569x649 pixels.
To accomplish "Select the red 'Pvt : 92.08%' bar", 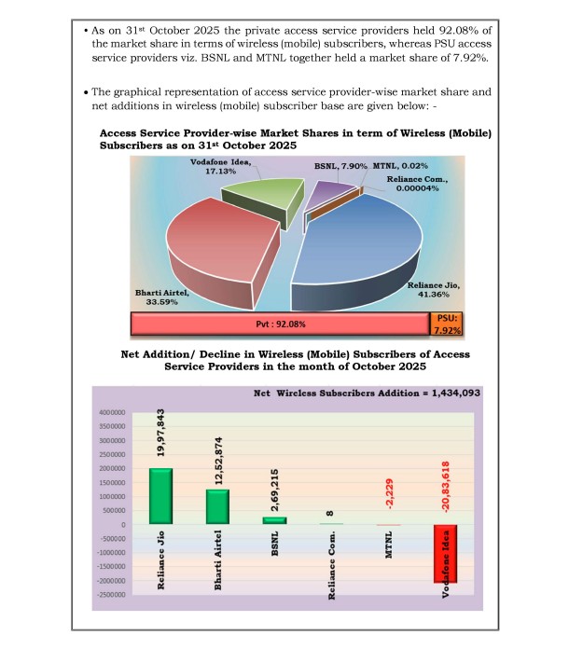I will pyautogui.click(x=280, y=324).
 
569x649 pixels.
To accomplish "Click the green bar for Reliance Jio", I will pyautogui.click(x=161, y=496).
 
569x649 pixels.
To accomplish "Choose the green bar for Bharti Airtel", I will pyautogui.click(x=218, y=506).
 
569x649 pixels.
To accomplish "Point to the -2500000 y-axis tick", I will pyautogui.click(x=114, y=594).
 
